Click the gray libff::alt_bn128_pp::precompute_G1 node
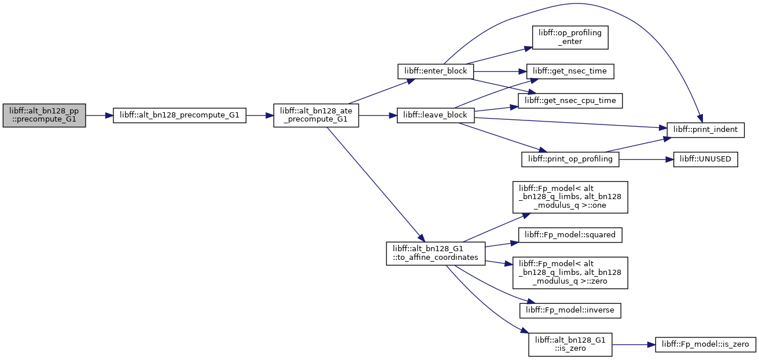click(x=44, y=116)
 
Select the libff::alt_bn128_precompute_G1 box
click(x=179, y=116)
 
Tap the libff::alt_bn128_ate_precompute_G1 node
click(x=316, y=116)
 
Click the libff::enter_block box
click(x=436, y=72)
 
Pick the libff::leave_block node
click(x=436, y=116)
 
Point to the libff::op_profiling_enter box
click(x=570, y=37)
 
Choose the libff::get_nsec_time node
click(x=570, y=72)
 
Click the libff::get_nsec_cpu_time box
click(x=570, y=101)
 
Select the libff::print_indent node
click(x=705, y=130)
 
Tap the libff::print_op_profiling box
click(x=570, y=159)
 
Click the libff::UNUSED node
click(x=705, y=159)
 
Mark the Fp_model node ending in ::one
click(x=570, y=197)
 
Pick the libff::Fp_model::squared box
click(x=570, y=235)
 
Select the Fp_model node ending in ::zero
click(x=570, y=273)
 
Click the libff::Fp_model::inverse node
click(x=570, y=310)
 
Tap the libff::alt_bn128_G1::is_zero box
click(x=570, y=344)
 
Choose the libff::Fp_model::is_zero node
click(x=705, y=344)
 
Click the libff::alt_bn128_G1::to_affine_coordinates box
click(x=436, y=254)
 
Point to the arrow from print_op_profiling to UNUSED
click(x=646, y=159)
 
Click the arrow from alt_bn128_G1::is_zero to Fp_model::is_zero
click(x=633, y=344)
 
